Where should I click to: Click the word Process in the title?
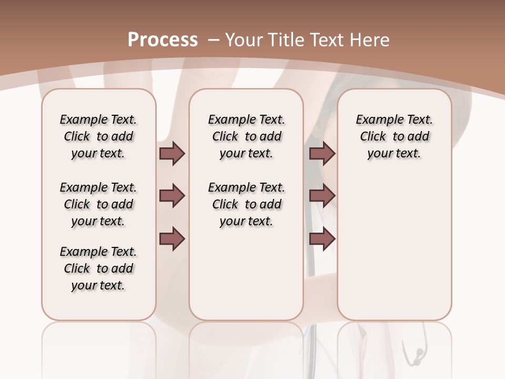[163, 40]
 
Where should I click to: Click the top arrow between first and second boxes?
[172, 154]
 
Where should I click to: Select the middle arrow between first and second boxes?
[172, 196]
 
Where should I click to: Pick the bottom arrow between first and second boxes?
[172, 238]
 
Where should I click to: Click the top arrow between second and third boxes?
[322, 154]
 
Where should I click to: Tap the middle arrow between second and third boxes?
[322, 196]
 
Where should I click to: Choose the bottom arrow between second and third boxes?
[322, 238]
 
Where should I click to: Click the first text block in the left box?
[98, 136]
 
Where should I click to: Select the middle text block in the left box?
[98, 204]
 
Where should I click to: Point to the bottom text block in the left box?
[98, 268]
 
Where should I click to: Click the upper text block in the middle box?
[246, 136]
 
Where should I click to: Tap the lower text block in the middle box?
[246, 204]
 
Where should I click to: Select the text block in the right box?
[394, 136]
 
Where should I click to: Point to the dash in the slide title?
[214, 40]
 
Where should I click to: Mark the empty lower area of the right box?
[394, 247]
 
